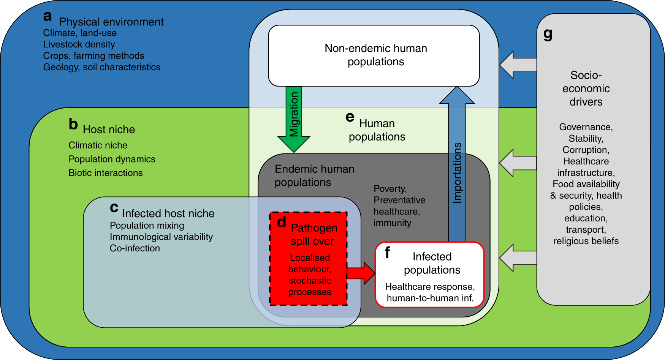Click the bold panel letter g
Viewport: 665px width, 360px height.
[548, 34]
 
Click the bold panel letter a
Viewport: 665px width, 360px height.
[47, 16]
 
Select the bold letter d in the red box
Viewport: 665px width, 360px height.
[281, 222]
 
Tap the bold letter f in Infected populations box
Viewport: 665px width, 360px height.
[387, 252]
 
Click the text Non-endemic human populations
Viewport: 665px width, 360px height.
[375, 55]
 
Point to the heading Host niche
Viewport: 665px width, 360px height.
[109, 129]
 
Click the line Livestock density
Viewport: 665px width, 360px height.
[79, 44]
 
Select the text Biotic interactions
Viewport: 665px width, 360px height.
[106, 173]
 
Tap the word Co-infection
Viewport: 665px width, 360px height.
[135, 248]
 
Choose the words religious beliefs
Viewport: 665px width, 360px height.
[586, 241]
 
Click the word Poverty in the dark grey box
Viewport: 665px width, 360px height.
[390, 189]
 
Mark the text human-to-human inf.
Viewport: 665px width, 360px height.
[430, 298]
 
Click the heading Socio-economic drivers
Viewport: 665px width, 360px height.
[586, 88]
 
